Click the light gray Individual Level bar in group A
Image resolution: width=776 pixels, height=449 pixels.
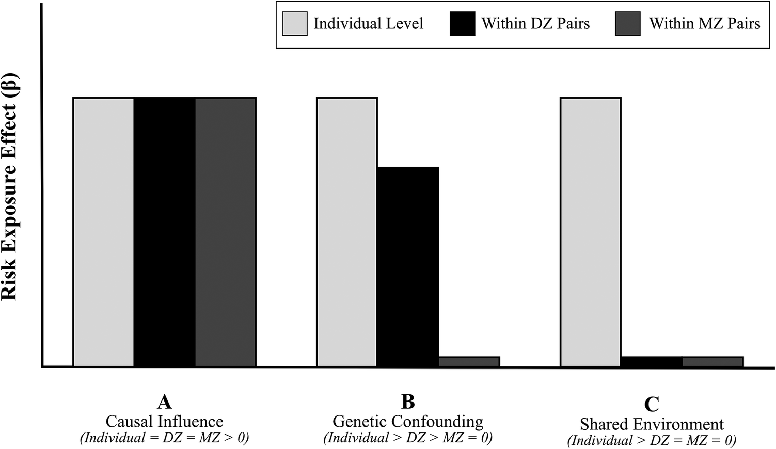coord(104,232)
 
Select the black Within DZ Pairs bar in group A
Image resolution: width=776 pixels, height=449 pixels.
coord(165,232)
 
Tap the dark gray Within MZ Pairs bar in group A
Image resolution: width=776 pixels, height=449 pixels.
coord(226,232)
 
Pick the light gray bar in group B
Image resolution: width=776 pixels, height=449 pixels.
coord(347,232)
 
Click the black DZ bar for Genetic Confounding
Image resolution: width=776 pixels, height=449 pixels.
coord(408,266)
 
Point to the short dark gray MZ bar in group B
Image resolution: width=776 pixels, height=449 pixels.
coord(469,361)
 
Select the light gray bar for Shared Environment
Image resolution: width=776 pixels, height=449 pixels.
coord(591,232)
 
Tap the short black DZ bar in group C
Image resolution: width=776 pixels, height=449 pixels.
coord(652,361)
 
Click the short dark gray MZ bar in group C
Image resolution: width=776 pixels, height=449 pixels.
coord(713,361)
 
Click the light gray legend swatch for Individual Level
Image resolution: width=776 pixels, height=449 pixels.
coord(294,24)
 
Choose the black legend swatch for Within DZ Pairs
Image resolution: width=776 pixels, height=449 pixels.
coord(463,24)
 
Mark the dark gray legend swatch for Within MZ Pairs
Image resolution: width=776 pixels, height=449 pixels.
coord(628,24)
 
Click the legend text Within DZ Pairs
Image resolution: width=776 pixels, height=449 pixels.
coord(535,24)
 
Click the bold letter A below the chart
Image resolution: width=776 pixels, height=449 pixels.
coord(165,402)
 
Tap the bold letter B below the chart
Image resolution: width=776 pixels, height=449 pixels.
coord(408,402)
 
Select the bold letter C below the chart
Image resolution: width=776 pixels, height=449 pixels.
coord(652,404)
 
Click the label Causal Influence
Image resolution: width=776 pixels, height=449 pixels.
coord(165,421)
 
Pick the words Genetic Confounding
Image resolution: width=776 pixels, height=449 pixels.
coord(408,422)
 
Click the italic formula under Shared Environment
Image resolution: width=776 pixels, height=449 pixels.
coord(652,440)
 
